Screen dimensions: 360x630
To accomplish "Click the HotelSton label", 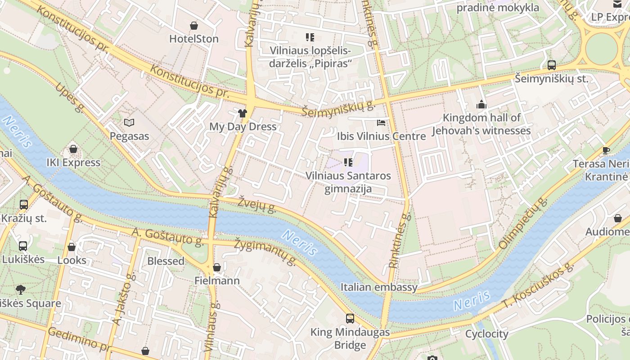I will [x=194, y=39].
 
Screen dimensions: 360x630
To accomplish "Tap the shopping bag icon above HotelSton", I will [x=194, y=26].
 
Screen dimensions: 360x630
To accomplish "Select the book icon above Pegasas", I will [x=129, y=122].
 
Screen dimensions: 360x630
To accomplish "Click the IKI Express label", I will [x=73, y=162].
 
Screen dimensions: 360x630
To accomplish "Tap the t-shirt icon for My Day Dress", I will [x=243, y=113].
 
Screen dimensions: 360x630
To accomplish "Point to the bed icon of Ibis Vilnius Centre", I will [x=381, y=123].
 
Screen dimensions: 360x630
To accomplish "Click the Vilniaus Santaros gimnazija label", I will [x=348, y=182].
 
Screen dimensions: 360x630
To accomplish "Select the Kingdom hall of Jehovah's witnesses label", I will [x=481, y=124].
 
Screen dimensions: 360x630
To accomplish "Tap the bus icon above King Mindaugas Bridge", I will [x=350, y=319].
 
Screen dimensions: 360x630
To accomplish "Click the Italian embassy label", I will [x=379, y=287].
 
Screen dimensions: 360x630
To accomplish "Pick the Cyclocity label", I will [x=486, y=334].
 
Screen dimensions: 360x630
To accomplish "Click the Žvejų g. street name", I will [x=257, y=204].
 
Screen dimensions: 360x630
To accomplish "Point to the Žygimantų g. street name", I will [x=265, y=252].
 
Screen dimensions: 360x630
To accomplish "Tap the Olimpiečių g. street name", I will [x=523, y=223].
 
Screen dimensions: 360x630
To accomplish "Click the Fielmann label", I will [x=217, y=281].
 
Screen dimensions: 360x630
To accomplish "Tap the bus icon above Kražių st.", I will [x=24, y=205].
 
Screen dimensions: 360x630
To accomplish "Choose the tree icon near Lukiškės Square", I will [x=20, y=289].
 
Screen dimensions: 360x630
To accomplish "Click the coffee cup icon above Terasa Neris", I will [x=606, y=150].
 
